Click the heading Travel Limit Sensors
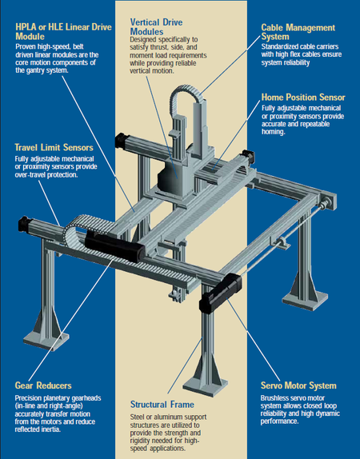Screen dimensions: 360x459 point(54,147)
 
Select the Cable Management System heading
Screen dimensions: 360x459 point(298,32)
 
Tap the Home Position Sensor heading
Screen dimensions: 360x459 point(303,98)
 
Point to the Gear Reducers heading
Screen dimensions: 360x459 point(43,385)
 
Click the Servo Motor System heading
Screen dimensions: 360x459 point(298,385)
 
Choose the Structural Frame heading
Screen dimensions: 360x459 point(162,405)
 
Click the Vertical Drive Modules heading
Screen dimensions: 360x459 point(156,27)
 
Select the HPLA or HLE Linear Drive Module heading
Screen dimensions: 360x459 point(63,32)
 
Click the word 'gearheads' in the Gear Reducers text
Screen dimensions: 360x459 point(86,398)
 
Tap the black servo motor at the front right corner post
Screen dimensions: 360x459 point(221,293)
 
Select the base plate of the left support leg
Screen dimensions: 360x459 point(46,340)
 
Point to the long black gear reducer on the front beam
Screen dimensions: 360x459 point(115,246)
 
